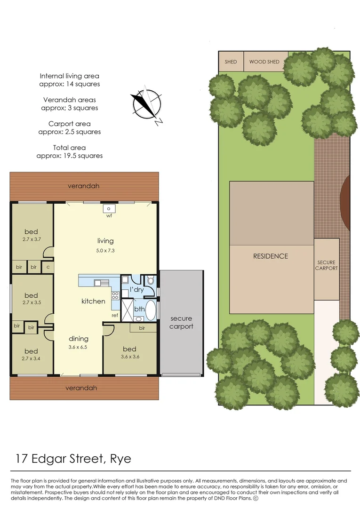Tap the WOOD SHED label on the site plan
pos(264,62)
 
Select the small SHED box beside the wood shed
pos(231,62)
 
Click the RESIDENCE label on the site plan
pos(271,256)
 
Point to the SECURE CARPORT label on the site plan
pos(327,265)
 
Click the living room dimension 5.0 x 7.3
pos(105,250)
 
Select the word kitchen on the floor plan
pos(93,301)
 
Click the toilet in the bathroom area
pos(150,281)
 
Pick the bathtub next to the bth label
pos(151,310)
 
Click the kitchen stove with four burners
pos(115,296)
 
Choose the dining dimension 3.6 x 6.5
pos(78,347)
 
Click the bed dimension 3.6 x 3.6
pos(129,357)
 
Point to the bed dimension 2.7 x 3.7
pos(31,239)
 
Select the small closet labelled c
pos(48,267)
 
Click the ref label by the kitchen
pos(114,315)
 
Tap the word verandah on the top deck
pos(84,186)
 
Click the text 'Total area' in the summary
pos(69,148)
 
